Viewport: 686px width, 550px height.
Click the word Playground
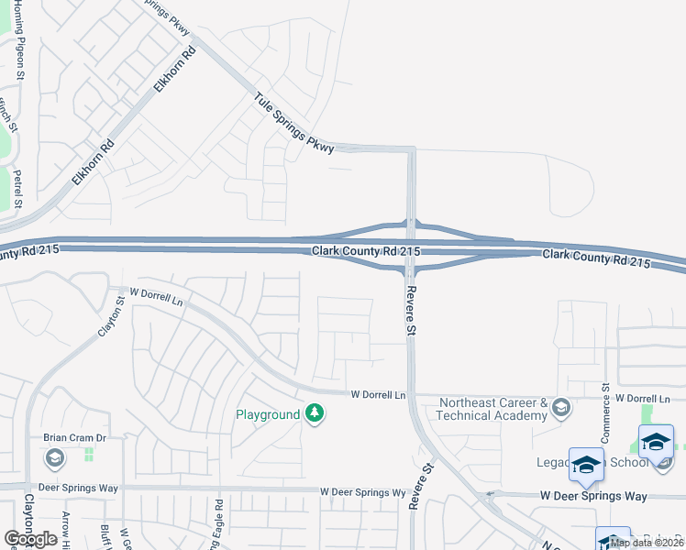(x=268, y=414)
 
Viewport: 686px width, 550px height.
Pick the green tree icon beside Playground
(x=315, y=414)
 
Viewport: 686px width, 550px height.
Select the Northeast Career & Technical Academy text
(x=493, y=409)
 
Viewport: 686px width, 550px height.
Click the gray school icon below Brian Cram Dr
(x=54, y=456)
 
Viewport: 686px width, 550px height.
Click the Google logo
(x=30, y=539)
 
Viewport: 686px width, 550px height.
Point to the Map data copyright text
(x=647, y=543)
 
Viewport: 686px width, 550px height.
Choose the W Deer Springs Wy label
(x=363, y=492)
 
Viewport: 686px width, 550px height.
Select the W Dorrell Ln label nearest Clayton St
(x=157, y=296)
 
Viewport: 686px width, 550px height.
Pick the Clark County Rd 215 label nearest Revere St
(x=366, y=251)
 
